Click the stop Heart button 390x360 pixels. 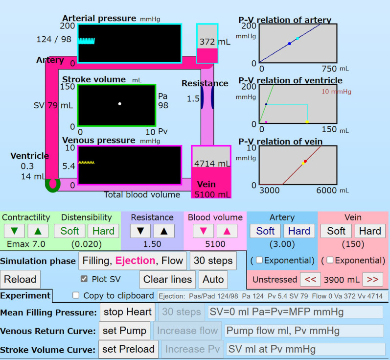pos(127,312)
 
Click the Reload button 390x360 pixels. pos(20,280)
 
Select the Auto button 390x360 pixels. pos(213,280)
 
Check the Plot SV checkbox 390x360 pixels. pos(84,279)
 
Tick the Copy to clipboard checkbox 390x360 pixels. pos(76,295)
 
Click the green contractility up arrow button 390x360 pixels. pos(37,231)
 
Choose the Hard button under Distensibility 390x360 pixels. pos(103,231)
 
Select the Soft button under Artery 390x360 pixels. pos(265,231)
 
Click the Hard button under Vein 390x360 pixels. pos(370,231)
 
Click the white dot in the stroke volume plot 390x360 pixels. pos(120,103)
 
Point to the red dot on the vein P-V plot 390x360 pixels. pos(305,161)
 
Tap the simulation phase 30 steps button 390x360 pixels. pos(213,261)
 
